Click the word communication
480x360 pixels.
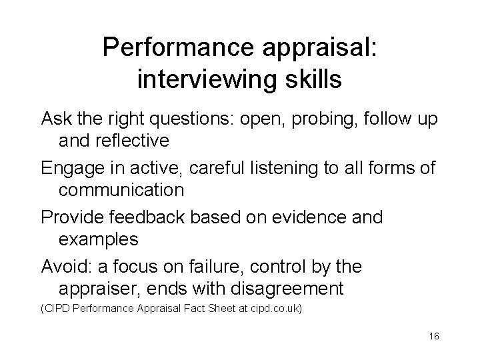coord(121,190)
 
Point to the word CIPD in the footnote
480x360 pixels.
coord(58,309)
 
